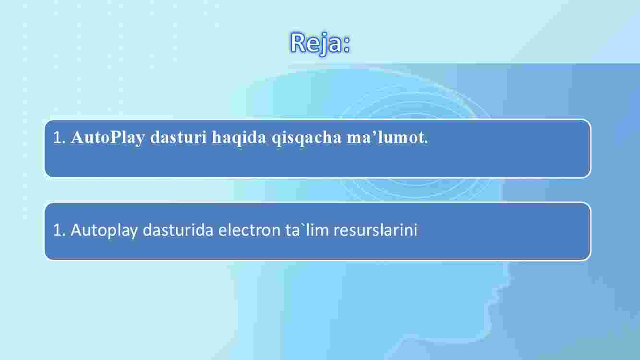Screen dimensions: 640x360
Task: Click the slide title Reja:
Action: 320,43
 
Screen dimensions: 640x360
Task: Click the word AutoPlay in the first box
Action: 108,138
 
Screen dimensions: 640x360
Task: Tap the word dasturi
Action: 178,137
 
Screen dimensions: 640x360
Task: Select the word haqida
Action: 239,138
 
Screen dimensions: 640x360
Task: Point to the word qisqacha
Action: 306,138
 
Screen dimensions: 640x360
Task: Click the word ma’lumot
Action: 386,137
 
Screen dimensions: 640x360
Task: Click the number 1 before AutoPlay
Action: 58,137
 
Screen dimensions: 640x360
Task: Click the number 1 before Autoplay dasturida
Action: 58,230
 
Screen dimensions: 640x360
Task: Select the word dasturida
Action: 178,230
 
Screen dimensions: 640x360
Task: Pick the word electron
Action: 250,230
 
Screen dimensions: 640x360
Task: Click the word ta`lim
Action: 307,230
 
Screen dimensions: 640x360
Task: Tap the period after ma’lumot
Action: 426,143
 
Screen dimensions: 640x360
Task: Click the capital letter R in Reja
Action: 298,42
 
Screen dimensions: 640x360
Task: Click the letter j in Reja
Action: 323,45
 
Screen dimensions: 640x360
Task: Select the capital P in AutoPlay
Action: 115,137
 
